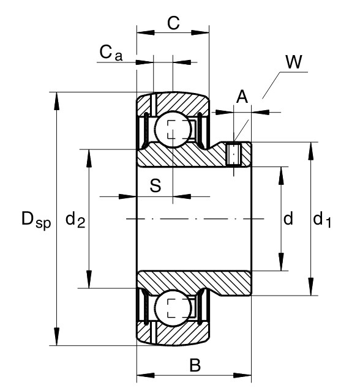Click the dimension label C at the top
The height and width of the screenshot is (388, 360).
(x=173, y=23)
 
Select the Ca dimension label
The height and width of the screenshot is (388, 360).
(x=111, y=53)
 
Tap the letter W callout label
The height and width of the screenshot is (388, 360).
(x=294, y=62)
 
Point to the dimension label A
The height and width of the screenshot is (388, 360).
(x=242, y=97)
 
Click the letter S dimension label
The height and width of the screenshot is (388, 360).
(x=156, y=185)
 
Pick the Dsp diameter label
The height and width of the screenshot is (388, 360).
(x=36, y=220)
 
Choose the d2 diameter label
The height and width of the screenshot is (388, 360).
(x=75, y=220)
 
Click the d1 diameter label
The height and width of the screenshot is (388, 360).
(x=321, y=220)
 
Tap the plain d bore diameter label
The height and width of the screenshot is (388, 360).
(x=288, y=218)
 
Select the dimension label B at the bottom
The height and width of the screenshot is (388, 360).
(x=195, y=365)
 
